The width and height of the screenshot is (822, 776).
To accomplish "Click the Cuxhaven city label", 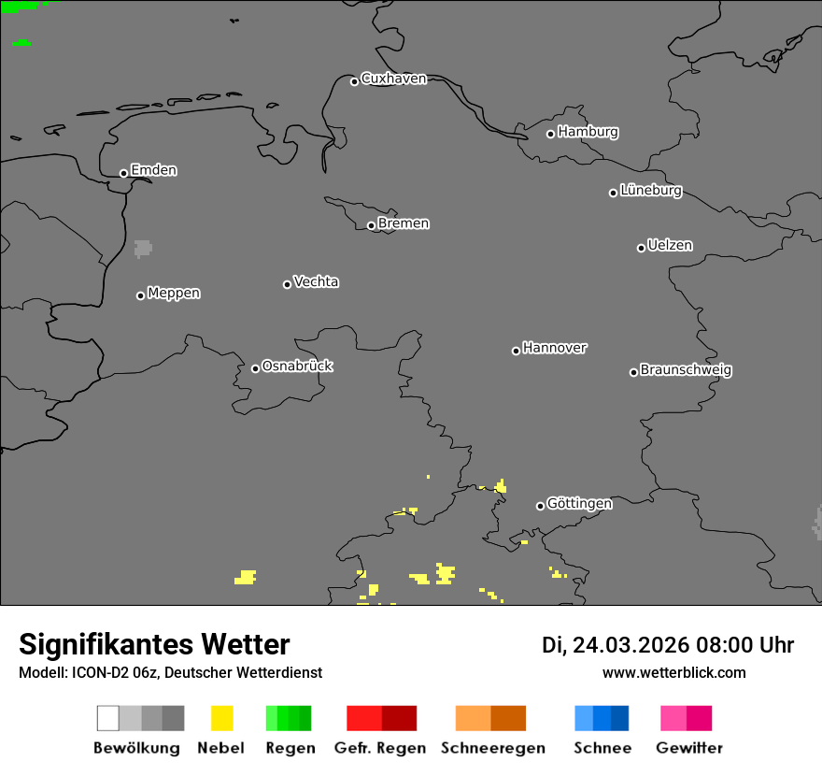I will pos(393,79).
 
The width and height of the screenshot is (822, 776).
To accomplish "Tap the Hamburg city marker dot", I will pos(551,134).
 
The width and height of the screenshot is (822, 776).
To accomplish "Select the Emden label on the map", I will pos(153,170).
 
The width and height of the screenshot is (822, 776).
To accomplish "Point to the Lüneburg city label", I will pos(651,190).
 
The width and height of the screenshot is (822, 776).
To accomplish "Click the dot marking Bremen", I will pos(371,225).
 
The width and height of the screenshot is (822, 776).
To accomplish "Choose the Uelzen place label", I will pos(670,245).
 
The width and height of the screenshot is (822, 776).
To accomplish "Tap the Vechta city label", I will pos(316,281).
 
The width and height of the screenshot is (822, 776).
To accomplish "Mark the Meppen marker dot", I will pos(140,295).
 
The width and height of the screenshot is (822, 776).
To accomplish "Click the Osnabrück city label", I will pos(297,366).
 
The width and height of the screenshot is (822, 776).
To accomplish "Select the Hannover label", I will pos(555,348).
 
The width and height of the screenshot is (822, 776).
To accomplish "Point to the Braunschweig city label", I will pos(686,369).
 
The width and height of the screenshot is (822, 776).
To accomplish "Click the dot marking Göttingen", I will pos(540,506).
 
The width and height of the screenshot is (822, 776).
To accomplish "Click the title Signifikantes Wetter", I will pos(154,645).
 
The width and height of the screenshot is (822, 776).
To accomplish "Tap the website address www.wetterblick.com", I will pos(674,672).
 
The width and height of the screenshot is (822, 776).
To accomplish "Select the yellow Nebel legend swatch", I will pos(221,718).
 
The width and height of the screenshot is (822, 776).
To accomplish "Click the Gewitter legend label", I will pos(688,748).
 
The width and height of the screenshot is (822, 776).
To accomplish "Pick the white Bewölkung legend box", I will pos(108,718).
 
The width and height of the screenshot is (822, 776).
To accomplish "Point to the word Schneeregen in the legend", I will pos(493,748).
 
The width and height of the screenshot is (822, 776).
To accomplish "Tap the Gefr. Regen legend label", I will pos(380,748).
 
